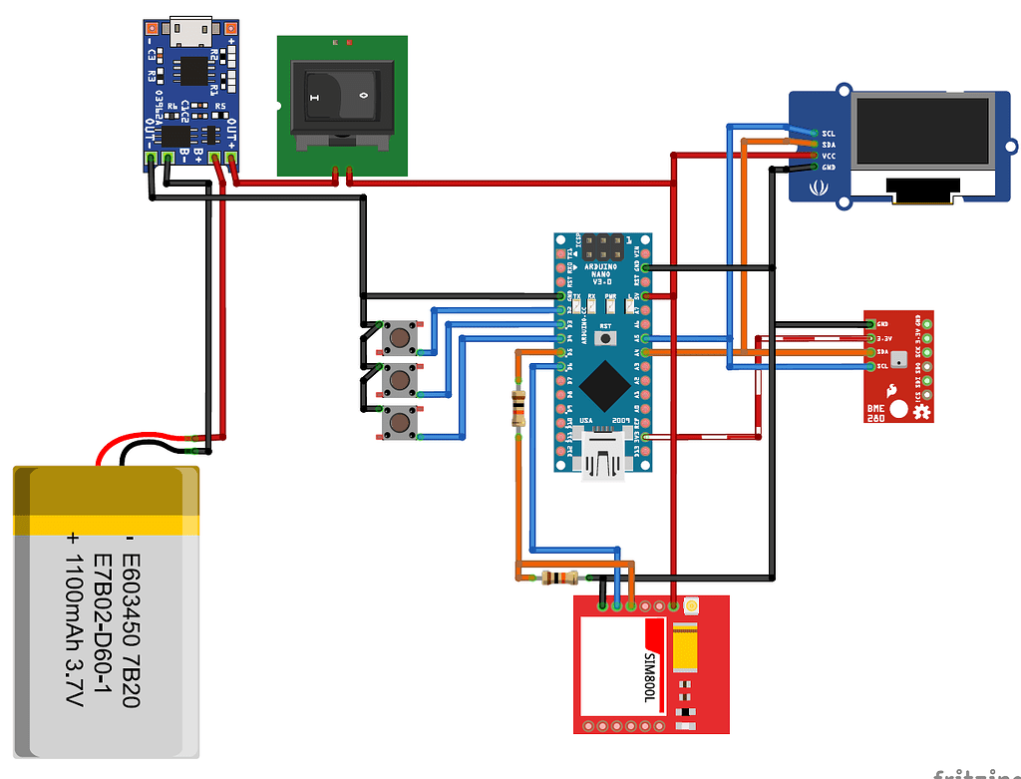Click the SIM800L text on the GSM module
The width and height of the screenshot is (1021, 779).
(x=650, y=677)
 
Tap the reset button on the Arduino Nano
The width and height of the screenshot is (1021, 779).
(x=604, y=339)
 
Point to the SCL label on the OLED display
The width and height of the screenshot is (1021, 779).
(x=828, y=133)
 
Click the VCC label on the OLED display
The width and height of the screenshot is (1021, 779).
(x=828, y=156)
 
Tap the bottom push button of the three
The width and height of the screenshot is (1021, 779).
(x=401, y=424)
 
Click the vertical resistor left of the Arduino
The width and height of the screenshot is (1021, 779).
(x=517, y=408)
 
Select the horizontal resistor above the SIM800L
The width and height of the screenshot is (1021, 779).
(x=559, y=578)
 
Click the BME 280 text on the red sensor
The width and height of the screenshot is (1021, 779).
(x=877, y=411)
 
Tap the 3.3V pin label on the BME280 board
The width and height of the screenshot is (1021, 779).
(x=883, y=338)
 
